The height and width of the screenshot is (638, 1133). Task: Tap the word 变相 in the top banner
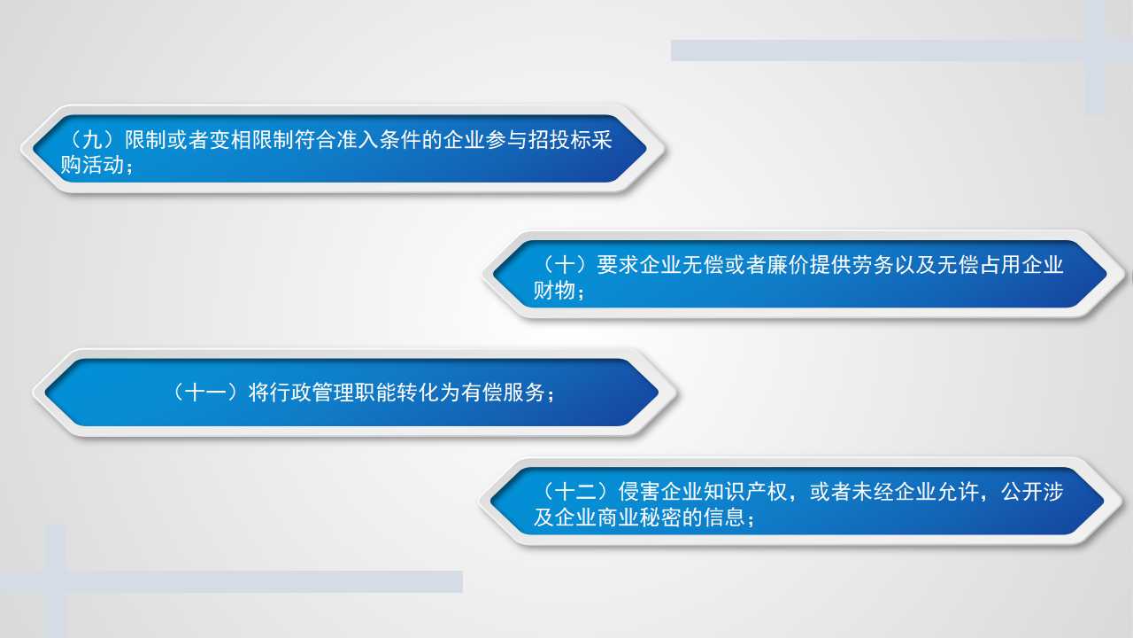pos(231,140)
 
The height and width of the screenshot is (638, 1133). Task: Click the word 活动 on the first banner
pos(103,165)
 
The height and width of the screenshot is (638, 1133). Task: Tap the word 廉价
pos(788,265)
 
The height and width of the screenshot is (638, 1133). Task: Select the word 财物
pos(554,291)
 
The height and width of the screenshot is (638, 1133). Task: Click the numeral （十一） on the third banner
pos(205,393)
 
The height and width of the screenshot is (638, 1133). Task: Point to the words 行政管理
pos(290,393)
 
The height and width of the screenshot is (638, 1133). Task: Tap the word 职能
pos(375,393)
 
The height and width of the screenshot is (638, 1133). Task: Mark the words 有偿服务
pos(503,393)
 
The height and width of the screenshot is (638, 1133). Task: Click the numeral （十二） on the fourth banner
pos(575,492)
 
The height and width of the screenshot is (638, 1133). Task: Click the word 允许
pos(958,492)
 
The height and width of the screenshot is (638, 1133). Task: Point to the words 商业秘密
pos(639,517)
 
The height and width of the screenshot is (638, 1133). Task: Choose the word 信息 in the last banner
pos(724,517)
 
